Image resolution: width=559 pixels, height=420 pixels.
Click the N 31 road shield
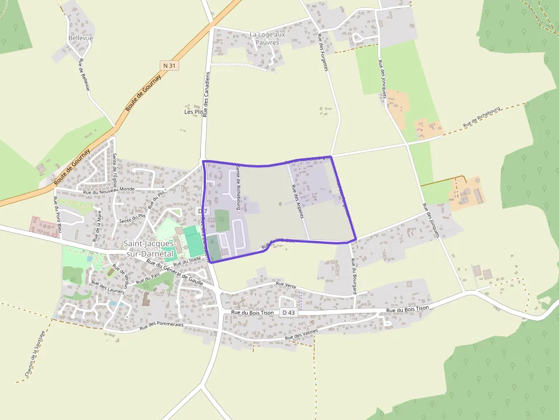[x=170, y=66]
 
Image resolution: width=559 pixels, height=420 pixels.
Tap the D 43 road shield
[x=288, y=313]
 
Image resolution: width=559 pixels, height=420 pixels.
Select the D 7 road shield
[x=202, y=211]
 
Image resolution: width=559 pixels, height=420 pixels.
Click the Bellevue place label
[x=80, y=38]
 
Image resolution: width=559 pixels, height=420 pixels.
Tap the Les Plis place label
[x=193, y=112]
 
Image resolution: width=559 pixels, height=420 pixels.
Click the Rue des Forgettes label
[x=323, y=52]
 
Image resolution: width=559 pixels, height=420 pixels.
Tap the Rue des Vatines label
[x=302, y=335]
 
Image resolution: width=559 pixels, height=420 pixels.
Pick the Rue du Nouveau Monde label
[x=108, y=190]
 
